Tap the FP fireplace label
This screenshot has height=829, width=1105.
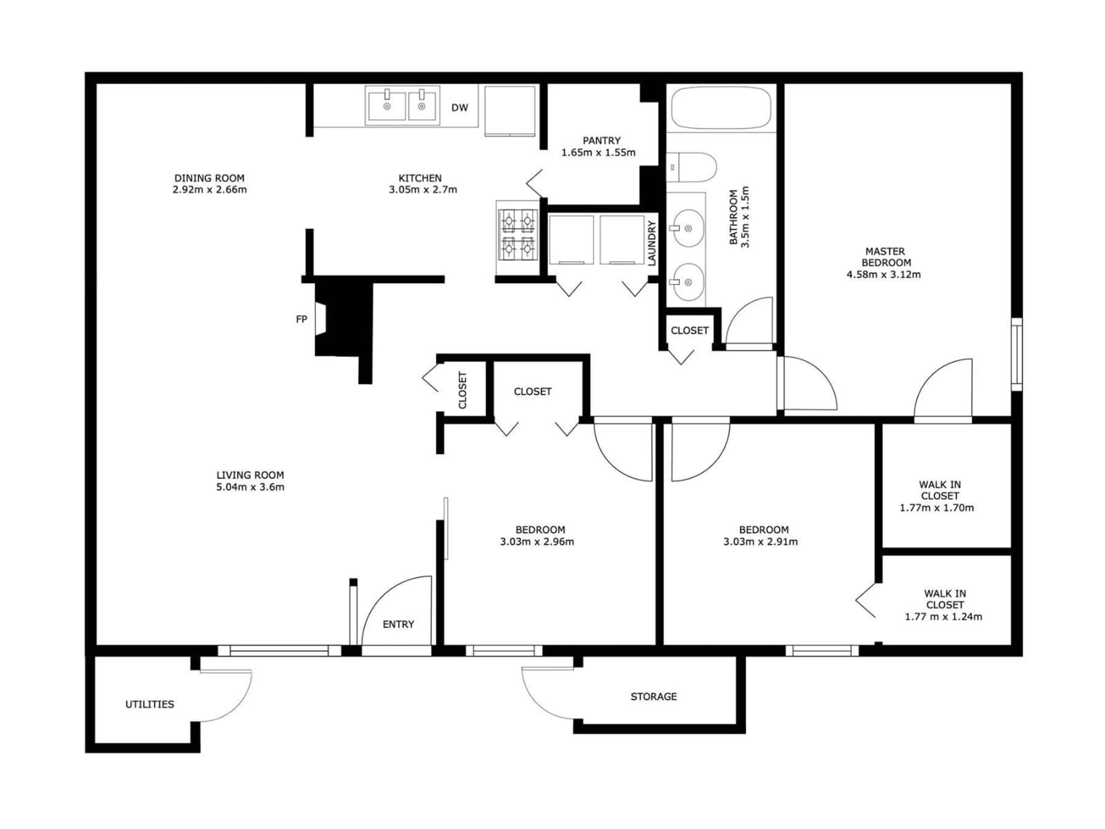pos(301,319)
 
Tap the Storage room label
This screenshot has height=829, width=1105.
pos(654,697)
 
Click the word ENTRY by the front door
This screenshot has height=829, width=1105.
pos(398,624)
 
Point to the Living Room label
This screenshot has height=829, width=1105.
pos(250,475)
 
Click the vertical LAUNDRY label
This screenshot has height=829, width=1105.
pos(651,243)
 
